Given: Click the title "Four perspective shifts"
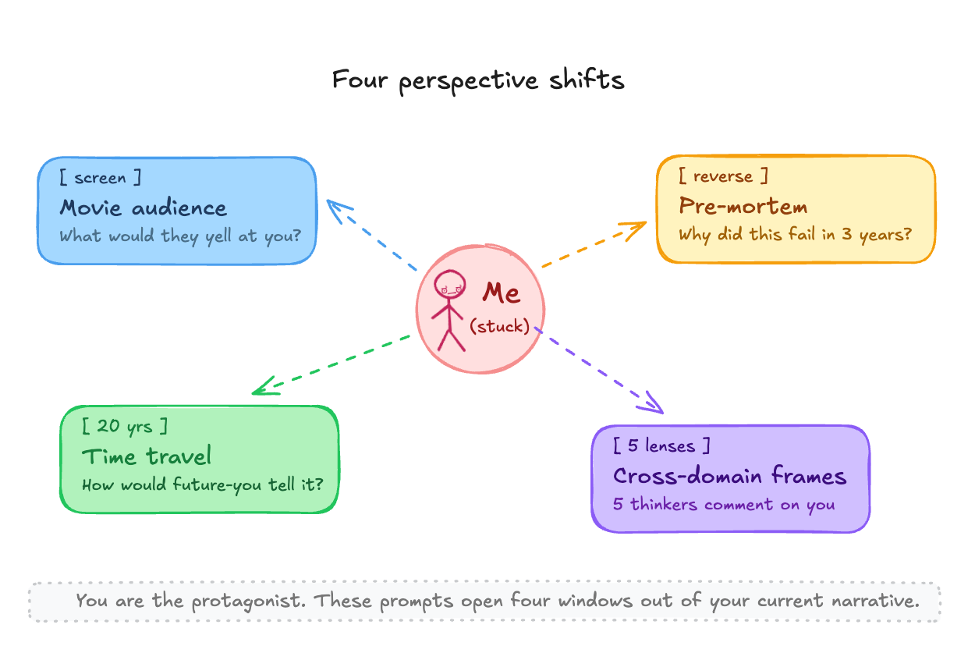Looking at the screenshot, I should click(x=478, y=80).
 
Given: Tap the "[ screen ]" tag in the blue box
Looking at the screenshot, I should click(x=101, y=178).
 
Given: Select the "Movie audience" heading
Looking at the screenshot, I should click(x=144, y=208).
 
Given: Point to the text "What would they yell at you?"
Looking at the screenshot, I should click(x=180, y=235).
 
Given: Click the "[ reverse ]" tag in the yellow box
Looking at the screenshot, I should click(x=723, y=176).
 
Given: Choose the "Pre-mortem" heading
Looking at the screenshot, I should click(x=743, y=206).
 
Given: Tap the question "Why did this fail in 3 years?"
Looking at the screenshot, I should click(x=795, y=233).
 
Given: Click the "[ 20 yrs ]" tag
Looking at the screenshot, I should click(x=125, y=426).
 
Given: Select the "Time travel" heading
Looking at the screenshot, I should click(x=147, y=456).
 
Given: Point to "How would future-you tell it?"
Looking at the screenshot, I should click(x=202, y=484).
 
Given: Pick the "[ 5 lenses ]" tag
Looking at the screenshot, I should click(x=662, y=446).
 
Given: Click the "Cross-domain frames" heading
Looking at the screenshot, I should click(x=729, y=476).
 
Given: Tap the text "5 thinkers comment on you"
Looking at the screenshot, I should click(x=724, y=504).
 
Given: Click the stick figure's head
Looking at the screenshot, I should click(x=448, y=285).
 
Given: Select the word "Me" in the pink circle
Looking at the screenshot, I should click(x=501, y=293).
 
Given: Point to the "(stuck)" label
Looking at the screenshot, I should click(x=499, y=326).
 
